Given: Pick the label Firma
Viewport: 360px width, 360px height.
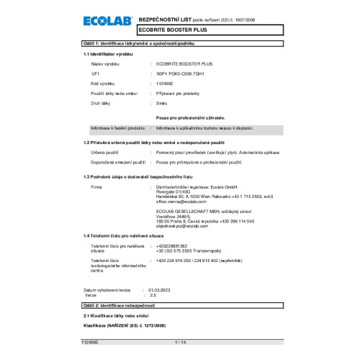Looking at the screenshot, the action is [x=96, y=186].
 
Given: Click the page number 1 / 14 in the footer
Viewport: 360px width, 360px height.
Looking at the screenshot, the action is [x=179, y=352].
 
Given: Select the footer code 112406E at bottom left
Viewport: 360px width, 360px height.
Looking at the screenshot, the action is [x=93, y=352].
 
